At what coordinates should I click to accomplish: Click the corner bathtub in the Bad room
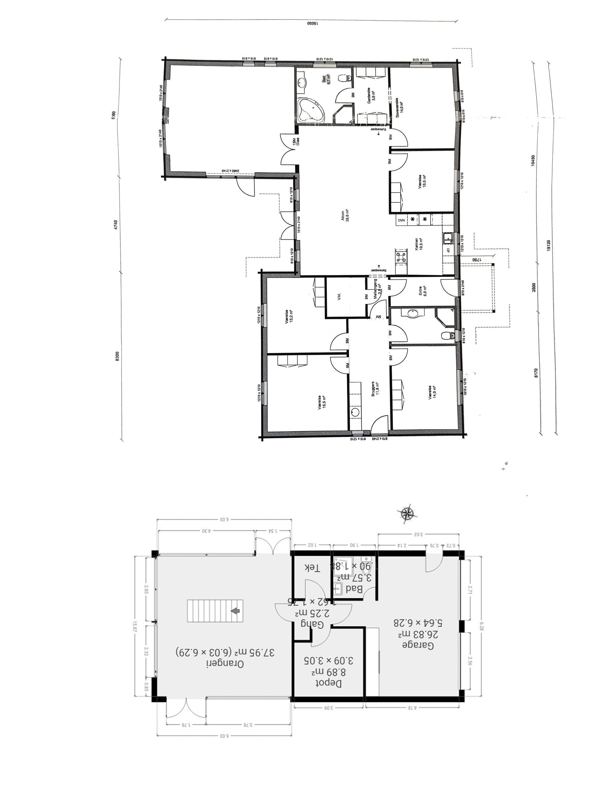310,110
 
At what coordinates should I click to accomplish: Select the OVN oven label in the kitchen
401,219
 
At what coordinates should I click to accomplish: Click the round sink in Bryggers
355,413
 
